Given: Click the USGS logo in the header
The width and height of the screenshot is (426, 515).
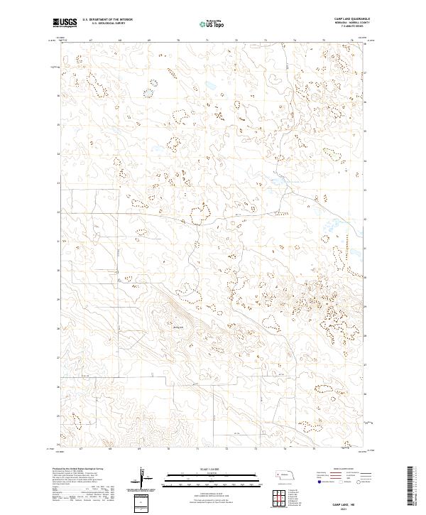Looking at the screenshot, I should [x=65, y=23].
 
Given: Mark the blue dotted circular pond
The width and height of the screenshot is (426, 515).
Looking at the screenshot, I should [x=149, y=91].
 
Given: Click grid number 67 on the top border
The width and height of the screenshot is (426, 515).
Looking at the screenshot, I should [x=90, y=40].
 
